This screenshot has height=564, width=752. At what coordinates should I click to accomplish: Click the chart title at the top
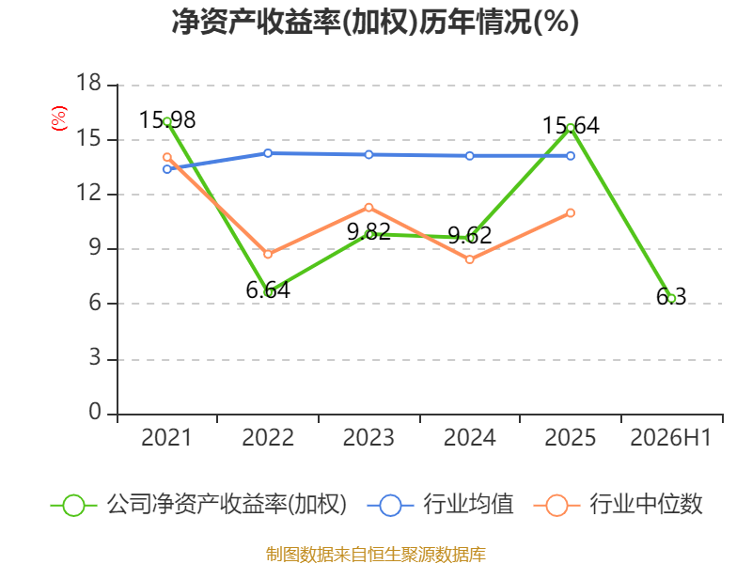tap(375, 22)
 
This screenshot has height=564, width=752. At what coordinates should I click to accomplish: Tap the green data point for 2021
tap(167, 122)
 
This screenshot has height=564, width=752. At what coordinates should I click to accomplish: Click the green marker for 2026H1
tap(671, 298)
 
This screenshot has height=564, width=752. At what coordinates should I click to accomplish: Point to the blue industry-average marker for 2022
tap(268, 153)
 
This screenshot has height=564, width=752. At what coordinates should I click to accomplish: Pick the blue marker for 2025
tap(571, 156)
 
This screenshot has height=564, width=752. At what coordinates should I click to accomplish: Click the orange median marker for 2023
tap(368, 208)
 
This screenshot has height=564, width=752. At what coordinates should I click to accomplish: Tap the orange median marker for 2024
tap(469, 259)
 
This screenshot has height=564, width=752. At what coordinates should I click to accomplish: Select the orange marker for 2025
tap(571, 213)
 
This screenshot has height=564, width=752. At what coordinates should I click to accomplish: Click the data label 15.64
tap(571, 126)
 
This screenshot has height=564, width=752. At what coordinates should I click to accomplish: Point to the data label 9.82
tap(368, 232)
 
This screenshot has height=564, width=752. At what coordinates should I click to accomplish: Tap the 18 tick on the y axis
tap(88, 83)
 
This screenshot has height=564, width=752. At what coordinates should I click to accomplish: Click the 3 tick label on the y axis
tap(95, 357)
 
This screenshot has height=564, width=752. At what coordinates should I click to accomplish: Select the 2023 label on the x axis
tap(368, 438)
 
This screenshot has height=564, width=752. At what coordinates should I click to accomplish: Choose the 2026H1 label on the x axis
tap(670, 438)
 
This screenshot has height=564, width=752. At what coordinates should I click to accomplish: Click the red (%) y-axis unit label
tap(59, 118)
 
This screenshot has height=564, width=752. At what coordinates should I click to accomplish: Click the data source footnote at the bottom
tap(376, 555)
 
